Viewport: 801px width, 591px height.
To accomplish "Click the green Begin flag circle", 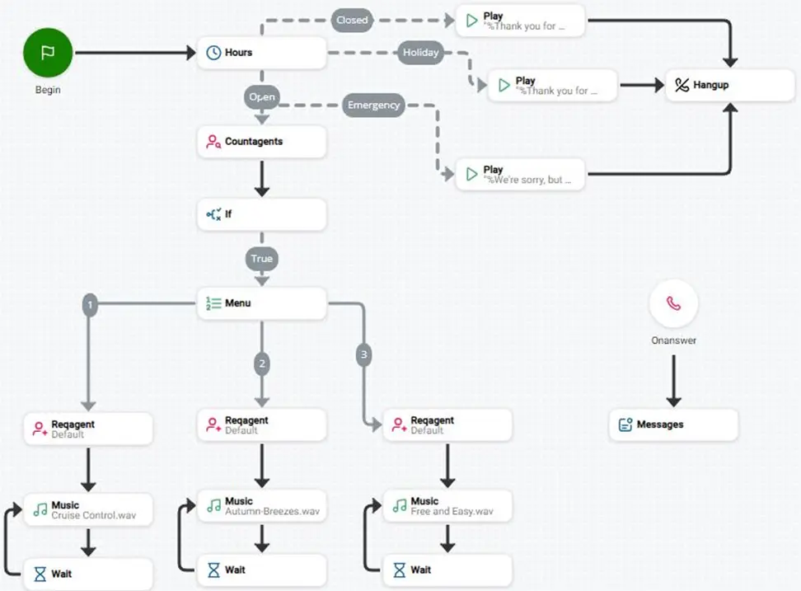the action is click(48, 53).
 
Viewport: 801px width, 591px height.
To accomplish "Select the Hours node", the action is click(261, 53).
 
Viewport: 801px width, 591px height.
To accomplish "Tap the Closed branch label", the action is click(352, 21).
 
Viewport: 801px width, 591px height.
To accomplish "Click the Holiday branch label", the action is click(420, 53).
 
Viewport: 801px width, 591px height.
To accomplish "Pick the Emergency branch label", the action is click(373, 106).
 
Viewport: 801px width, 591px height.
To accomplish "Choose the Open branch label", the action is click(261, 97).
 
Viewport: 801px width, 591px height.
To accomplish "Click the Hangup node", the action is click(730, 85).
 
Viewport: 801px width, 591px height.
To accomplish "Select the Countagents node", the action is click(261, 142).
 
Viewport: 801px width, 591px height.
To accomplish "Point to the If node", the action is click(261, 214).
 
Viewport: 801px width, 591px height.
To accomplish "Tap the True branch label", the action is click(261, 259).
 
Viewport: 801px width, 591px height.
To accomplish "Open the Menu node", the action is click(261, 303).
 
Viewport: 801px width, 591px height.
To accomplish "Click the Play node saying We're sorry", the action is click(520, 174).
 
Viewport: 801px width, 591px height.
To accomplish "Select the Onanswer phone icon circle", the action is click(673, 303).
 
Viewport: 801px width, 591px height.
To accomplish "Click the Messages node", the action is click(673, 424).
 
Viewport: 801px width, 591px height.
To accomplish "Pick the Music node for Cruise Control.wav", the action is click(88, 509).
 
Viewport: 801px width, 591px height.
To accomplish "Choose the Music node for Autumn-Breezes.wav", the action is click(261, 506).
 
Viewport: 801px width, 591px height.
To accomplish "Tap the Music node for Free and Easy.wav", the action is click(447, 506).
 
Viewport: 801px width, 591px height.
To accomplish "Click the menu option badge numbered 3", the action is click(363, 354).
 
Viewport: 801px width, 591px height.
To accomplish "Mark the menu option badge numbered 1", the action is click(90, 306).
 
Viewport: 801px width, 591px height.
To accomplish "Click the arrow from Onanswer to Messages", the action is click(673, 381).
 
